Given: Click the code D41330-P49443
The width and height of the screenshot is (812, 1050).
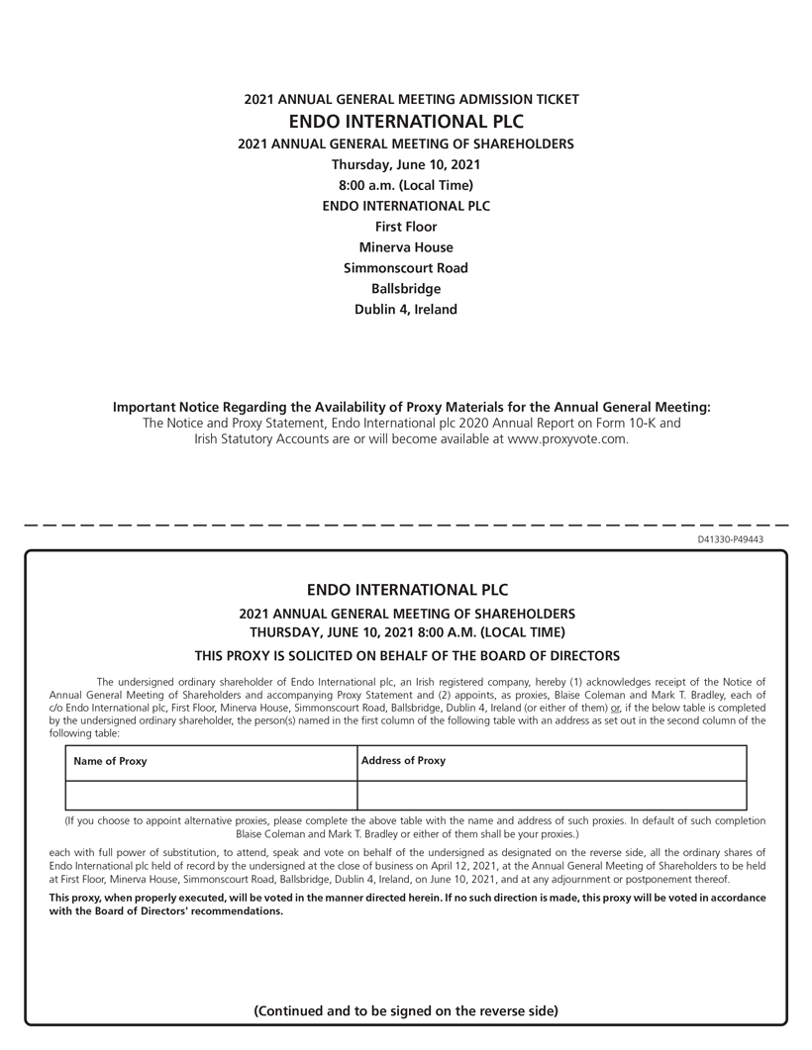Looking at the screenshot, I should pyautogui.click(x=730, y=539).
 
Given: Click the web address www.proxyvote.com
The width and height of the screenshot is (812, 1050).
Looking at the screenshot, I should pyautogui.click(x=566, y=439).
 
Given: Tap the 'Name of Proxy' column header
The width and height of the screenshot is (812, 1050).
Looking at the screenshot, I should pyautogui.click(x=110, y=761).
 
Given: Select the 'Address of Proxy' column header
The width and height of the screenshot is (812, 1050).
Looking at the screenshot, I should pyautogui.click(x=403, y=761).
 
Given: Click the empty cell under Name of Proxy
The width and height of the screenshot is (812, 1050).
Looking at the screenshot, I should pyautogui.click(x=211, y=795).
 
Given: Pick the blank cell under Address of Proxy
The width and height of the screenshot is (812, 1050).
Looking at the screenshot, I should pyautogui.click(x=551, y=795).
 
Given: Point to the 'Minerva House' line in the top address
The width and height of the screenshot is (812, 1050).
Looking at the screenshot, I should pyautogui.click(x=406, y=247).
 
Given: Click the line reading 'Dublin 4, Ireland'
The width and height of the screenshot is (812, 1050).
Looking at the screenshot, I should pyautogui.click(x=406, y=309).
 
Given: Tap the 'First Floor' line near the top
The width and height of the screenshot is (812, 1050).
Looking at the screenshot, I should pyautogui.click(x=406, y=227).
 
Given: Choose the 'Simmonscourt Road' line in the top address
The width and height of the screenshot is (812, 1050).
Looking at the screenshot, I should pyautogui.click(x=406, y=268).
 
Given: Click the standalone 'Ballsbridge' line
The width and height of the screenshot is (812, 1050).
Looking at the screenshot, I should pyautogui.click(x=406, y=289).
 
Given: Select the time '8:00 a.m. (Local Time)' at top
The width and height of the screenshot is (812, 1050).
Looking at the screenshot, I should pyautogui.click(x=406, y=185).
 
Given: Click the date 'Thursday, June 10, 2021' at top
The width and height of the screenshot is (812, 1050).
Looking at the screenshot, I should pyautogui.click(x=406, y=164).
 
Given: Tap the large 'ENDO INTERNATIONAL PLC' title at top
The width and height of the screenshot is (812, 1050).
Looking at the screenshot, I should pyautogui.click(x=406, y=122).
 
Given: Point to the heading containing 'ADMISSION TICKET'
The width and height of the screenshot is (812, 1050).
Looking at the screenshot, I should pyautogui.click(x=411, y=99).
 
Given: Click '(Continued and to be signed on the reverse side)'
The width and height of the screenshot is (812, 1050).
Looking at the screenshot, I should pyautogui.click(x=406, y=1010).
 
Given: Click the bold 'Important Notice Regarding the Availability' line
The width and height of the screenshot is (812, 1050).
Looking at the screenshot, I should pyautogui.click(x=411, y=407).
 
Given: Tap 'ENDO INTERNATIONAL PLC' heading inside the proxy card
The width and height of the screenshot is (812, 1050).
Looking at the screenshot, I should pyautogui.click(x=406, y=591).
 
